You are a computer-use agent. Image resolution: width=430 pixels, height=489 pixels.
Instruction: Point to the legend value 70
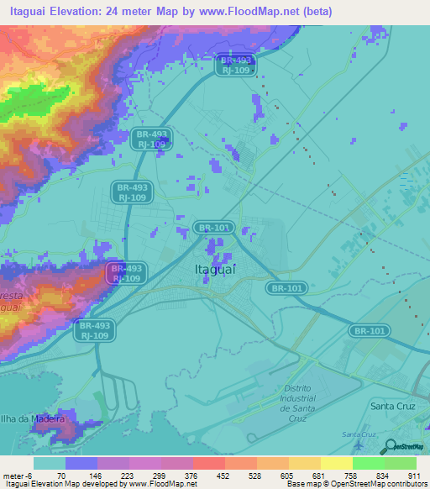(61, 475)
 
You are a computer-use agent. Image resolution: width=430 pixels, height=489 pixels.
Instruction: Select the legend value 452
(222, 475)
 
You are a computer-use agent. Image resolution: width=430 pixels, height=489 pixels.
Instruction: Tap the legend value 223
(125, 475)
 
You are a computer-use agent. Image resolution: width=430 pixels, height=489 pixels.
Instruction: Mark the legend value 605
(286, 475)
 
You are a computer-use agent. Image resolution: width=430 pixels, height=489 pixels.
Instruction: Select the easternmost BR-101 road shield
(370, 331)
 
